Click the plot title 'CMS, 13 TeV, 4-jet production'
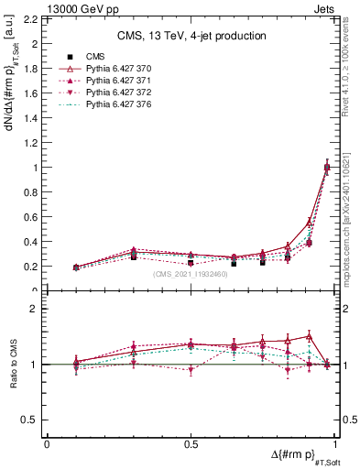191,36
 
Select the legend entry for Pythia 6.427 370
116,68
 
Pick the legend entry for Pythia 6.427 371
116,81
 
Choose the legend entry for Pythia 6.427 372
116,93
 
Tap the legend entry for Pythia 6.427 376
116,106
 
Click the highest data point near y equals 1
327,167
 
